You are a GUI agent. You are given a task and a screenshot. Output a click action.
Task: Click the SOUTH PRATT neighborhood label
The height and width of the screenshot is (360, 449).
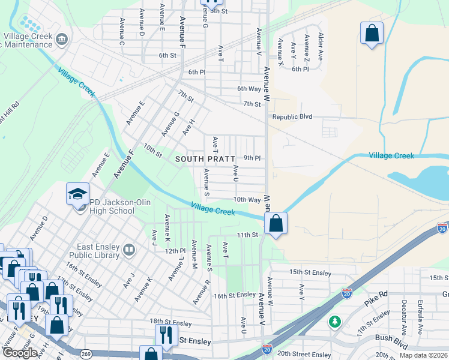204,159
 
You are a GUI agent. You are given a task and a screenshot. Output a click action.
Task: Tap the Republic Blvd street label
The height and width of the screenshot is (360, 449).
292,116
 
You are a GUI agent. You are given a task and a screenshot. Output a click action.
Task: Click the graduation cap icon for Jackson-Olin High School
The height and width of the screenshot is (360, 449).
77,194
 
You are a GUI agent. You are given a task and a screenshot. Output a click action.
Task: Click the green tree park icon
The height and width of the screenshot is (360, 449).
335,322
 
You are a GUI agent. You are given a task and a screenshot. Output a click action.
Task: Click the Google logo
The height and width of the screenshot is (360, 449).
20,353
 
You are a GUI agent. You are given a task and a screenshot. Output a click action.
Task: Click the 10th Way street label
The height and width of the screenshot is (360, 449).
247,200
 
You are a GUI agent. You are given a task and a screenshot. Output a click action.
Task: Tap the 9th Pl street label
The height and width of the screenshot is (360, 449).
252,158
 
